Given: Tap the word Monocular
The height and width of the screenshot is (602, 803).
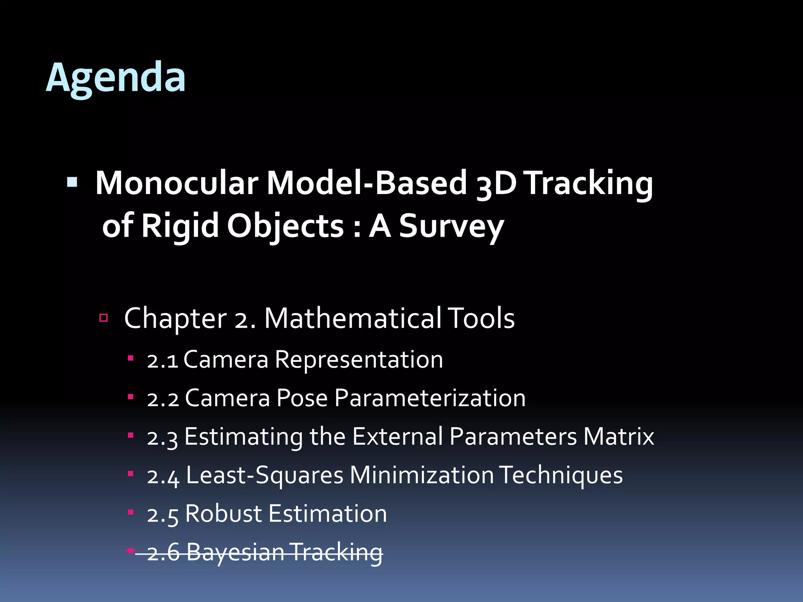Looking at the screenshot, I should (x=176, y=183).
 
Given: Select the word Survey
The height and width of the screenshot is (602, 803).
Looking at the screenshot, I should (x=451, y=226).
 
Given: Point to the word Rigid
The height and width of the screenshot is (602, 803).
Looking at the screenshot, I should (x=180, y=226).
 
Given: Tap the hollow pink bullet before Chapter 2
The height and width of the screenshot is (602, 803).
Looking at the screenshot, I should (x=104, y=317).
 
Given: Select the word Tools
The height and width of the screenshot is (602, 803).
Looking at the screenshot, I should (x=481, y=318).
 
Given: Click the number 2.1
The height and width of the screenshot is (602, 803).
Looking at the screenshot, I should (x=162, y=360).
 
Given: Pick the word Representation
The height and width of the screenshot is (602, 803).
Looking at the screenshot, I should (x=359, y=360).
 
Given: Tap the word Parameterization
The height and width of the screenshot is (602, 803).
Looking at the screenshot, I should (x=430, y=398).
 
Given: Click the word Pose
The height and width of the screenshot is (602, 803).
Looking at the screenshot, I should (x=302, y=398).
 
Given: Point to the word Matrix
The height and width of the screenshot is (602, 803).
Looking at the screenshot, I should (x=618, y=436).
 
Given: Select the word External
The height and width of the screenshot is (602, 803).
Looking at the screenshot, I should (x=398, y=436).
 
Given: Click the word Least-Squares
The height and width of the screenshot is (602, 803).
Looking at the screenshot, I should (x=265, y=475).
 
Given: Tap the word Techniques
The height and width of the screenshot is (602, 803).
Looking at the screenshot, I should (x=561, y=475).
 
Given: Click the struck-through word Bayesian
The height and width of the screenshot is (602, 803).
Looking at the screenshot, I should (x=235, y=552).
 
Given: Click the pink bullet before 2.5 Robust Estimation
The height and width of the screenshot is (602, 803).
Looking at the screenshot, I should (x=131, y=512).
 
